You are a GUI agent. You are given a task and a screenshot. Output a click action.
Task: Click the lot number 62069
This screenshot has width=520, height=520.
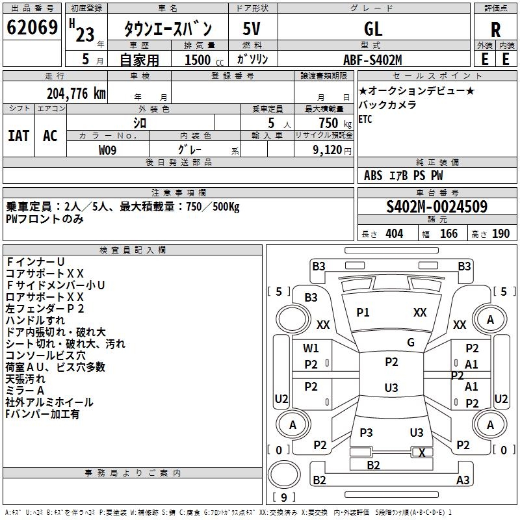click(32, 29)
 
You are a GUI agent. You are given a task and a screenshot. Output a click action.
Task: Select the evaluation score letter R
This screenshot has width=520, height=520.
click(495, 30)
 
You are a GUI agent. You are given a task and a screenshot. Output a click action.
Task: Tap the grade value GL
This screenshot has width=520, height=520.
click(373, 29)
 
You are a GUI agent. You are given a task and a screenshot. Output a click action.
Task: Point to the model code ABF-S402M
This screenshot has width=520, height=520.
click(372, 60)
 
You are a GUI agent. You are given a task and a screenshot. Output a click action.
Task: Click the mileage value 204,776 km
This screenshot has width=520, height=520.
click(76, 94)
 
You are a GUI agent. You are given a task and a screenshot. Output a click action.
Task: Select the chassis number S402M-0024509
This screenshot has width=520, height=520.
click(436, 207)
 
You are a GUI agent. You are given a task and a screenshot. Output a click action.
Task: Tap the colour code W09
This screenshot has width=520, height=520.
click(108, 149)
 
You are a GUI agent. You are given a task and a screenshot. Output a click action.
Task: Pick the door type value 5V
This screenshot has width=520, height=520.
click(252, 29)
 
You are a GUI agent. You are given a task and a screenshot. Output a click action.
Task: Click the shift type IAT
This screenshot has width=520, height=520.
click(19, 136)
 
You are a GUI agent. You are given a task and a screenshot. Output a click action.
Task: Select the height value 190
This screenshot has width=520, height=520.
click(500, 234)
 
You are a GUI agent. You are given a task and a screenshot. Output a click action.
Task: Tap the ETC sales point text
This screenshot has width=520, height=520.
click(365, 119)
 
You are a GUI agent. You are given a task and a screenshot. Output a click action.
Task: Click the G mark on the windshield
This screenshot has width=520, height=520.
click(411, 342)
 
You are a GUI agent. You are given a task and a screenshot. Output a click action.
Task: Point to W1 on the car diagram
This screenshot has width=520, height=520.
click(311, 348)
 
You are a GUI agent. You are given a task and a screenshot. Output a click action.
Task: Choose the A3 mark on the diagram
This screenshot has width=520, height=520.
click(463, 480)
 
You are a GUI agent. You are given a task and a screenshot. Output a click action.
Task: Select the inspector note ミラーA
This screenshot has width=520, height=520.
click(25, 390)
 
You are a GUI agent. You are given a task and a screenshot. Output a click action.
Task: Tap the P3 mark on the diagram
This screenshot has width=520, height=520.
click(366, 432)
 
